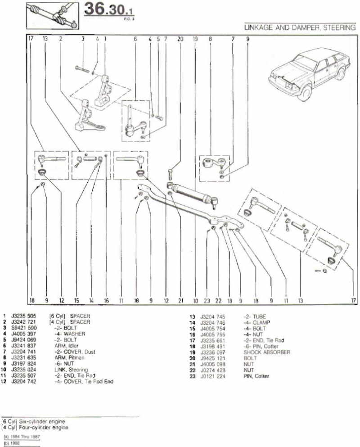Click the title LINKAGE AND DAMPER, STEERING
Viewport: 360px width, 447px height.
click(x=300, y=27)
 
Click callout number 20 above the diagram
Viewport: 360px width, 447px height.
click(x=180, y=39)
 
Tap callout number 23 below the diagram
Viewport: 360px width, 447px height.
click(x=207, y=300)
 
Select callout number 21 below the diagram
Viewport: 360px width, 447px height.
click(x=180, y=300)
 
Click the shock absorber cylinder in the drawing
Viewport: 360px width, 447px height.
click(x=191, y=193)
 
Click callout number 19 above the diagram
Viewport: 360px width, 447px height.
click(x=195, y=39)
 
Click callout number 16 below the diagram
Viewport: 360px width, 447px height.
click(x=106, y=300)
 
